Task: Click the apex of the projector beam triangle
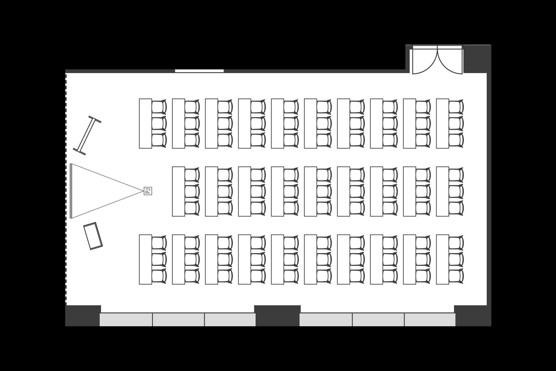point(144,191)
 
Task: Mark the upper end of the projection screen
point(71,164)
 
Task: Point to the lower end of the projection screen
point(71,218)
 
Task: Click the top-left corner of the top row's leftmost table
point(139,99)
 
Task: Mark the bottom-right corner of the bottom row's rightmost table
point(449,284)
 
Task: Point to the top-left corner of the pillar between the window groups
point(255,306)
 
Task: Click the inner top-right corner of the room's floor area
point(487,73)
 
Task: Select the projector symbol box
point(148,191)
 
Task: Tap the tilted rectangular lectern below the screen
point(93,236)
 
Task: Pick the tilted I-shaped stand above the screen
point(87,135)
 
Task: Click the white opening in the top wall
point(199,71)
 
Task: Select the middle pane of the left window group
point(178,320)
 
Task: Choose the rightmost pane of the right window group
point(430,320)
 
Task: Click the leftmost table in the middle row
point(179,192)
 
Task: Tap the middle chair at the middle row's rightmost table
point(456,192)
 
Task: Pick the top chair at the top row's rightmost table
point(456,107)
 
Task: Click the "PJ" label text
point(148,191)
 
